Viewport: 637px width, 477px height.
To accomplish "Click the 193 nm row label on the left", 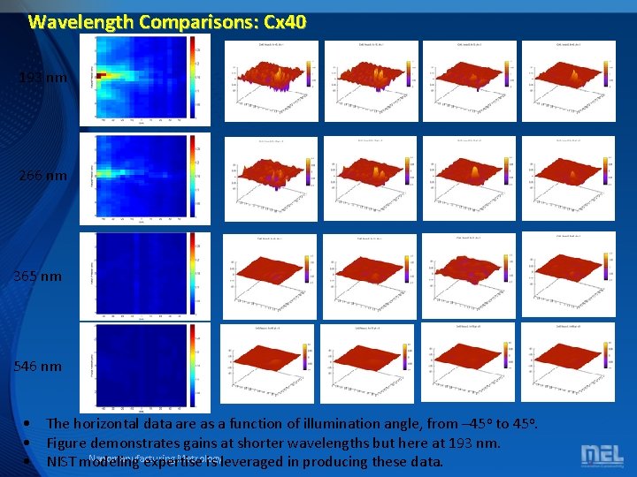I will (42, 78).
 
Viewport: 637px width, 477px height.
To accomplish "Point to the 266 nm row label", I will (42, 176).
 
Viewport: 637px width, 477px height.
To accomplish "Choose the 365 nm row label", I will (38, 276).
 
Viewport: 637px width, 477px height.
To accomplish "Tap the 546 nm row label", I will (38, 366).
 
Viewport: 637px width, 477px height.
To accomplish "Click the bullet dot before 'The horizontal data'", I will (30, 424).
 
